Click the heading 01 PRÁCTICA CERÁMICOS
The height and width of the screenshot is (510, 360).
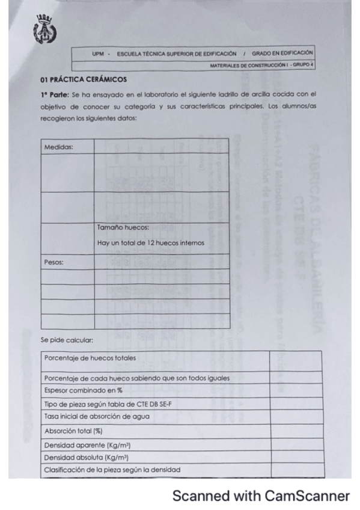[84, 79]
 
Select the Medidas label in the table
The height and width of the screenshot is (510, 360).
[58, 147]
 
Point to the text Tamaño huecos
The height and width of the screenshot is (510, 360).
[123, 227]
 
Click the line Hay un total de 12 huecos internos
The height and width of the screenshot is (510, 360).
[150, 243]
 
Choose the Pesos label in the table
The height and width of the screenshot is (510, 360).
[54, 262]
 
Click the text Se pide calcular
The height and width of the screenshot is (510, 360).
[67, 340]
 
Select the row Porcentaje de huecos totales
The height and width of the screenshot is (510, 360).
[90, 358]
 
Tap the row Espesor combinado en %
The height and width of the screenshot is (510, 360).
[79, 390]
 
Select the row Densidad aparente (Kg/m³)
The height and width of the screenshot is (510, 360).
[88, 445]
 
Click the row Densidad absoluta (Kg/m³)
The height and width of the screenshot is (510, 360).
[87, 457]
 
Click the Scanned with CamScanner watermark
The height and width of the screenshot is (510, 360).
[260, 496]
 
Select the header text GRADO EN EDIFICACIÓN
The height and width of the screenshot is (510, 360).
[282, 53]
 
